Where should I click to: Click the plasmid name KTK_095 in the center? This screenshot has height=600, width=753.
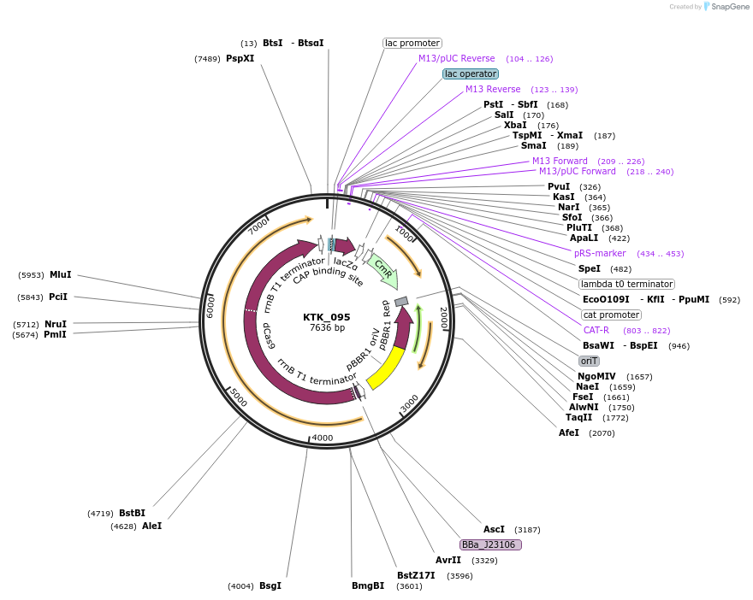point(327,316)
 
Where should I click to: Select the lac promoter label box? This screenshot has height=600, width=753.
point(412,43)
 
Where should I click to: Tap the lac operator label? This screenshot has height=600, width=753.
point(470,74)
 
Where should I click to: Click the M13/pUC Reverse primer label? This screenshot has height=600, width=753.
point(456,58)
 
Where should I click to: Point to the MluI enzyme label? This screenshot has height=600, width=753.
point(60,274)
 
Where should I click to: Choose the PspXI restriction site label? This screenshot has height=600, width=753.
point(240,58)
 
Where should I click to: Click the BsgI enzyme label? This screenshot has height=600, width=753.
point(270,585)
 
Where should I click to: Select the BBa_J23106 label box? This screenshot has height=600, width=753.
point(490,544)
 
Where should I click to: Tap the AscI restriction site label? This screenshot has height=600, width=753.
point(494,529)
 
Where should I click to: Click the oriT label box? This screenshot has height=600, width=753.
point(589,361)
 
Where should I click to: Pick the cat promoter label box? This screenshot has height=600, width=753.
point(611,315)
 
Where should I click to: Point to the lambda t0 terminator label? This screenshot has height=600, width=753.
point(626,284)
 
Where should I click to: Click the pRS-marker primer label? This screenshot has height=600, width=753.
point(600,253)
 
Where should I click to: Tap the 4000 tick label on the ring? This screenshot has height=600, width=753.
point(323,438)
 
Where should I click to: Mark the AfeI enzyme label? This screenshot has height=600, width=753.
point(569,432)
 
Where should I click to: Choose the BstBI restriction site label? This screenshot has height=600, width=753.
point(132,513)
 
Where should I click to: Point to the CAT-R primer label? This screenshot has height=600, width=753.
point(596,330)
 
